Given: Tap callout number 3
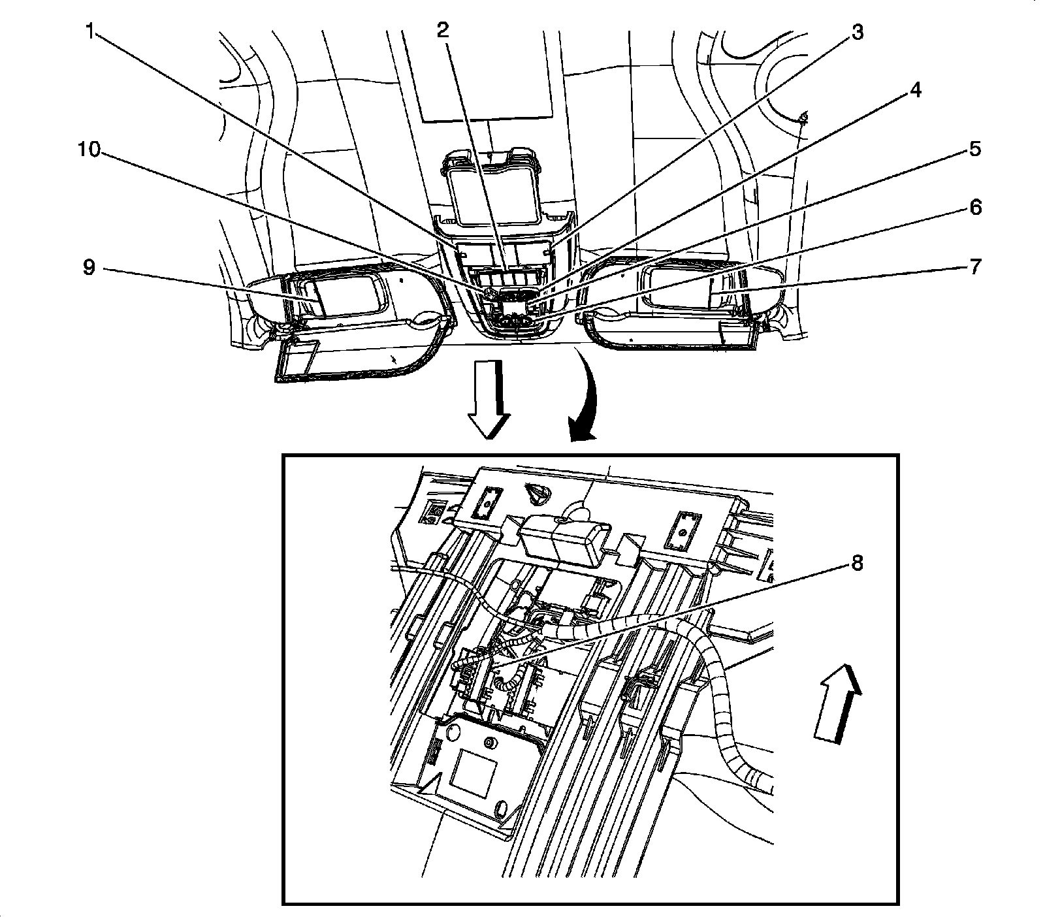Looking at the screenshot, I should (x=857, y=31).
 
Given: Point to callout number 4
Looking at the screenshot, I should (x=916, y=90).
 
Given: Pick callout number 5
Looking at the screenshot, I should (x=974, y=150).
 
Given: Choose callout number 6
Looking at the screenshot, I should (x=974, y=208).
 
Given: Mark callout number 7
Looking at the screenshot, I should (x=974, y=266).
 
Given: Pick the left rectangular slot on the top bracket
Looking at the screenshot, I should (x=486, y=502).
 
